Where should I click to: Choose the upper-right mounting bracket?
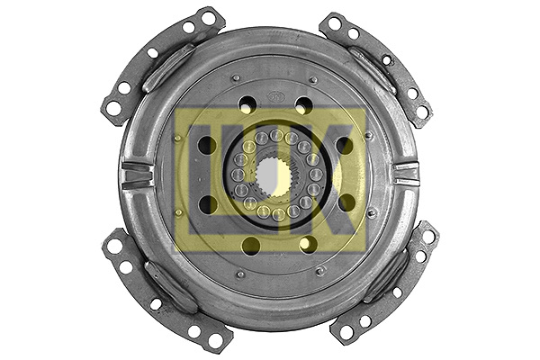click(378, 63)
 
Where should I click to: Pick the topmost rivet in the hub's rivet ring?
click(276, 135)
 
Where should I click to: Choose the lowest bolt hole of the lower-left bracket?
click(215, 340)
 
